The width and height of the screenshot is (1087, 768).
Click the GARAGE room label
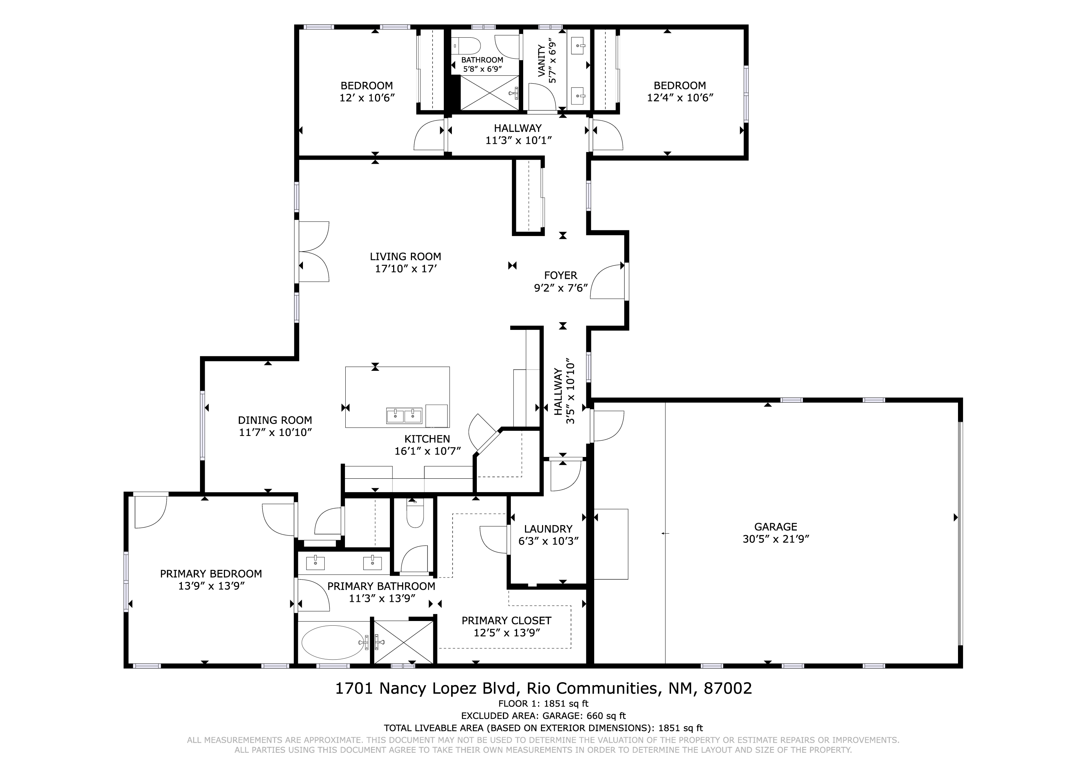775,527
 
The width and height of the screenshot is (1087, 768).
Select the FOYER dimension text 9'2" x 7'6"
561,288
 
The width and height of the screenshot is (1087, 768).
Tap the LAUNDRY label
548,529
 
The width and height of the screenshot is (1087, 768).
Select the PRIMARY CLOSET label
506,620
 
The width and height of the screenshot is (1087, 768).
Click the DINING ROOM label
275,420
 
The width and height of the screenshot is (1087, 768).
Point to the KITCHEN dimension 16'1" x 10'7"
428,451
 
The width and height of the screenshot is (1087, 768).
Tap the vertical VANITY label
542,60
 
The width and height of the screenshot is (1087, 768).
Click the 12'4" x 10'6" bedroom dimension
680,97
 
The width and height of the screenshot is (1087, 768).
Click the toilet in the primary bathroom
415,515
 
